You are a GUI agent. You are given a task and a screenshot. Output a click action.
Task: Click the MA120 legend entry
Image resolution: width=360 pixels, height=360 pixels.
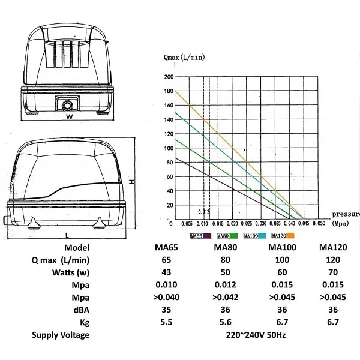(x=283, y=236)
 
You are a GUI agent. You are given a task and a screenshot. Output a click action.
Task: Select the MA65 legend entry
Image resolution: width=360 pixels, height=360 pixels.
(x=201, y=236)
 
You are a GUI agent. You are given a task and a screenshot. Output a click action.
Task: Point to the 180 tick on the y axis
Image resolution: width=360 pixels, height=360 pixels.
(x=169, y=91)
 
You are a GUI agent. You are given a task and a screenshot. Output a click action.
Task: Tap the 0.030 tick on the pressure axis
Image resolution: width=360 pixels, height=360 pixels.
(x=261, y=224)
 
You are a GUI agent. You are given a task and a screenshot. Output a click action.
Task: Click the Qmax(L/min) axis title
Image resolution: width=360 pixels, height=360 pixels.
(x=184, y=57)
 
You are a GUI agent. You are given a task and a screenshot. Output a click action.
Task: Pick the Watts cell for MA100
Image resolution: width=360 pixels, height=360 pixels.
(x=282, y=272)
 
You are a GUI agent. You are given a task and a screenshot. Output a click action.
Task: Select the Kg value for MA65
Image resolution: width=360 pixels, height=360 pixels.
(x=166, y=322)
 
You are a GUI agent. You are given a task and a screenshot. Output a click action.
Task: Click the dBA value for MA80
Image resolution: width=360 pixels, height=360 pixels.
(x=225, y=310)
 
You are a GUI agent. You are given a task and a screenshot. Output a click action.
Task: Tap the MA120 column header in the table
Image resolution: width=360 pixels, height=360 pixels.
(x=333, y=247)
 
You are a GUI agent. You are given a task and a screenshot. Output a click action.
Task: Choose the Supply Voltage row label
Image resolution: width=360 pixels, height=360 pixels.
(x=61, y=335)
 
